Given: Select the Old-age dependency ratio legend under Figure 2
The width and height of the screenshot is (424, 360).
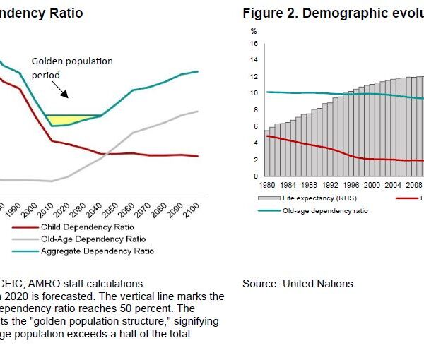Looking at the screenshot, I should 324,210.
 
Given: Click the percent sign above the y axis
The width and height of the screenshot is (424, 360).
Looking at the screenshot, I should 253,31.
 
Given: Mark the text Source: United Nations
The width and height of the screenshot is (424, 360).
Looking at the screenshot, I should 298,284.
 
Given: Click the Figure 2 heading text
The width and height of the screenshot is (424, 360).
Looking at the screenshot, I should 333,13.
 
